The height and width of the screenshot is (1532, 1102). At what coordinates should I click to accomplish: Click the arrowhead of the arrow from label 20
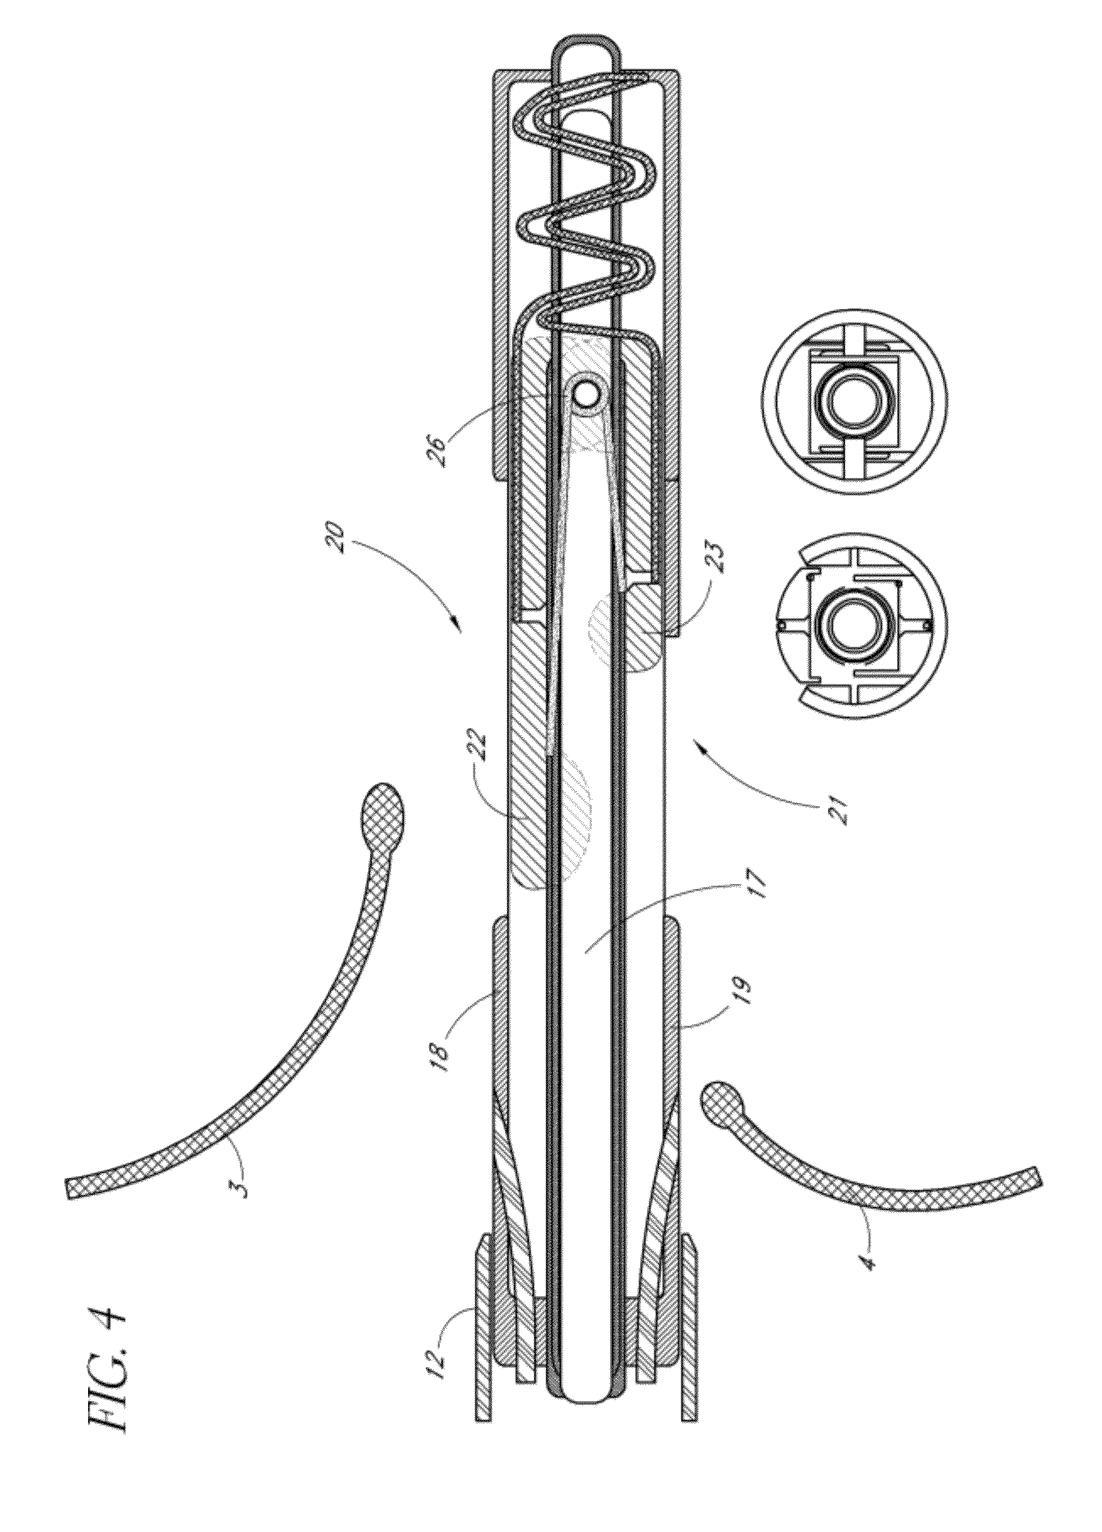(457, 626)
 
